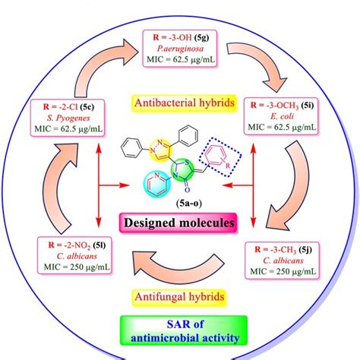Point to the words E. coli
(281, 118)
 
